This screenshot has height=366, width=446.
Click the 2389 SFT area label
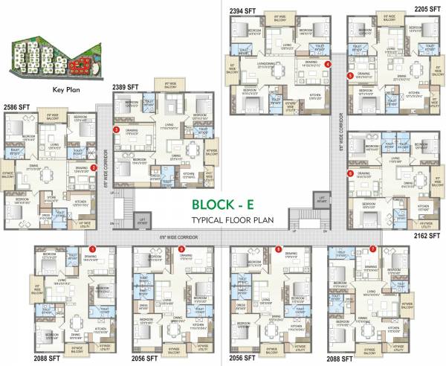[128, 88]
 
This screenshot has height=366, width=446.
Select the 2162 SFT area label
[427, 234]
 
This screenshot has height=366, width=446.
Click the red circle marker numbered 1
[92, 248]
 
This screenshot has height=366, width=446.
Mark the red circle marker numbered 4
[327, 65]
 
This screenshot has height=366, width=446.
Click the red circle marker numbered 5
[349, 75]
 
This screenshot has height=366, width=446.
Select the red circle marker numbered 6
[350, 174]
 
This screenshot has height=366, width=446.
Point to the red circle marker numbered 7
[372, 248]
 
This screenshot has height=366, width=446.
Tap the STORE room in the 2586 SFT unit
[51, 197]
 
